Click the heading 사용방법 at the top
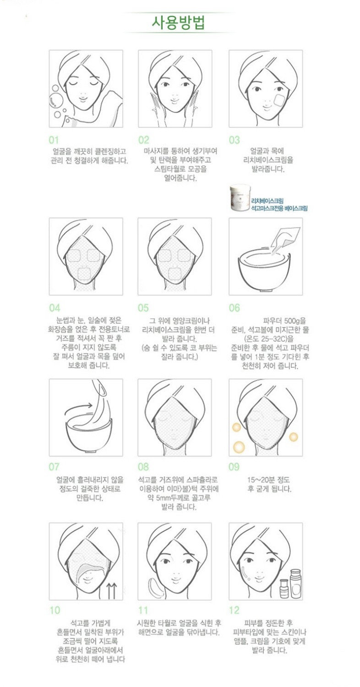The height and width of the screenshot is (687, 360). click(178, 22)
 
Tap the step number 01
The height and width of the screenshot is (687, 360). click(54, 140)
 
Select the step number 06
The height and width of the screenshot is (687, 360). click(235, 308)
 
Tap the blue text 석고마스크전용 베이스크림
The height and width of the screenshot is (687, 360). click(279, 208)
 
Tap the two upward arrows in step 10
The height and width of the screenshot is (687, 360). click(112, 590)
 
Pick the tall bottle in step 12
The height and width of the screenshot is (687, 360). click(295, 583)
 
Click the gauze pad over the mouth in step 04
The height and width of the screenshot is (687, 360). click(83, 274)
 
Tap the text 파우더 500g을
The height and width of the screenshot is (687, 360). click(284, 321)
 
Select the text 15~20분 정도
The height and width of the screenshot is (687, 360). click(268, 480)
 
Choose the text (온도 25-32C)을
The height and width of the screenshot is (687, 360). click(268, 339)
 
